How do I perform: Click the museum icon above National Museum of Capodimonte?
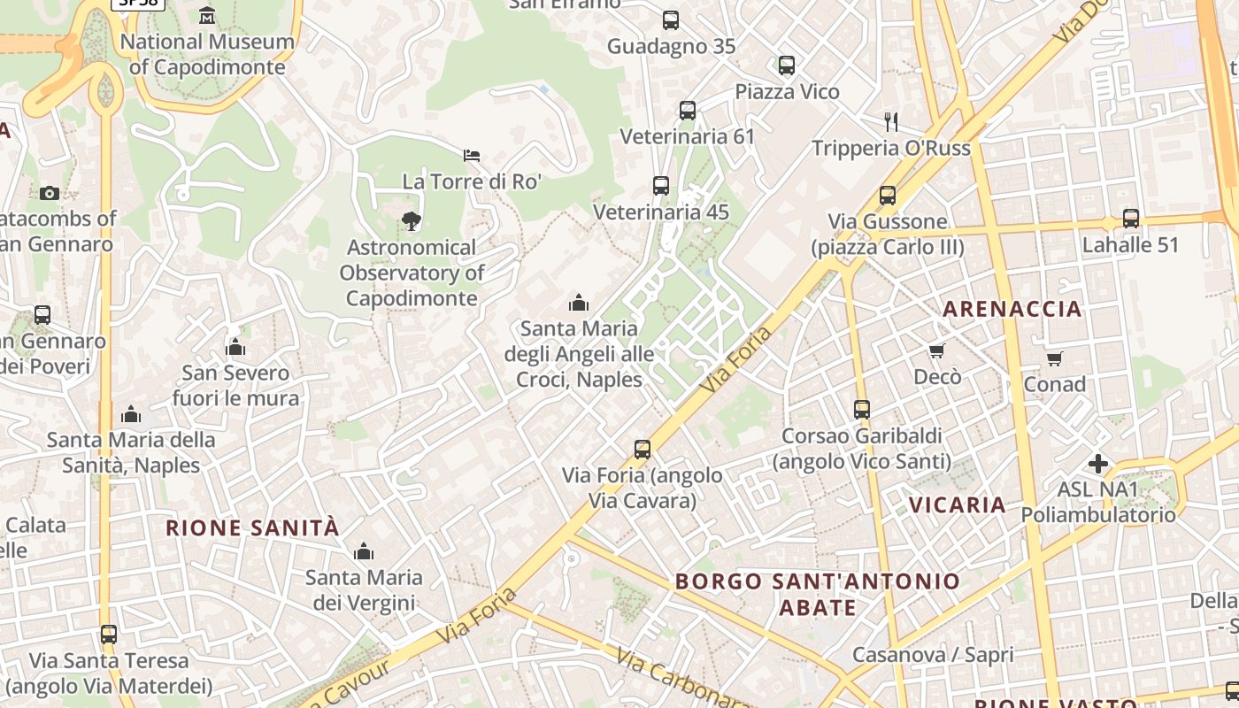pyautogui.click(x=207, y=15)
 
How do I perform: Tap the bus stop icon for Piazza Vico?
pyautogui.click(x=787, y=65)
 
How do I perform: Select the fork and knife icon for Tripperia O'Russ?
pyautogui.click(x=891, y=122)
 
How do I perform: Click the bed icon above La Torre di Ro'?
pyautogui.click(x=472, y=156)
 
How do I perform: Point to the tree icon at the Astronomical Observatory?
pyautogui.click(x=411, y=221)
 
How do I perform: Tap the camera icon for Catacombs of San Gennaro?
pyautogui.click(x=50, y=193)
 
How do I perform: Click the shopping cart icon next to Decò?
pyautogui.click(x=937, y=351)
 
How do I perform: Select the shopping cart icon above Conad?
pyautogui.click(x=1054, y=358)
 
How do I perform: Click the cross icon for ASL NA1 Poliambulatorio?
pyautogui.click(x=1098, y=464)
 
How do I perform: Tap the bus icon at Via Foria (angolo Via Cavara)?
pyautogui.click(x=643, y=450)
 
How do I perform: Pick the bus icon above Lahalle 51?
pyautogui.click(x=1130, y=219)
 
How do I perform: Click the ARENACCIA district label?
pyautogui.click(x=1012, y=309)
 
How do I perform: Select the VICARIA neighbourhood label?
pyautogui.click(x=958, y=505)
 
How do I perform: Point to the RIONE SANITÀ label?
pyautogui.click(x=253, y=528)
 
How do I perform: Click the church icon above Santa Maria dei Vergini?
pyautogui.click(x=363, y=552)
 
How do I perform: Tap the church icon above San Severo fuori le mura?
pyautogui.click(x=235, y=347)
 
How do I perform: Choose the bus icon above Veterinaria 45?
pyautogui.click(x=661, y=186)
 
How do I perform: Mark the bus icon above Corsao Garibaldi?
pyautogui.click(x=862, y=410)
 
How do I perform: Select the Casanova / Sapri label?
pyautogui.click(x=933, y=655)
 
